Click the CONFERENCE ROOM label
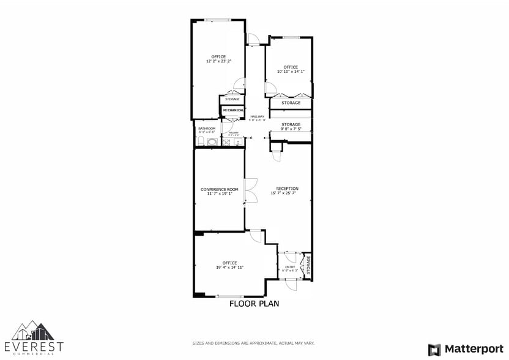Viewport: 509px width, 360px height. tap(219, 189)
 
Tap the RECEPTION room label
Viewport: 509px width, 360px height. tap(287, 188)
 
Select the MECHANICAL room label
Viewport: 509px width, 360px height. tap(233, 110)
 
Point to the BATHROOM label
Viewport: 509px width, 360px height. tap(207, 129)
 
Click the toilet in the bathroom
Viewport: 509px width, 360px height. tap(201, 141)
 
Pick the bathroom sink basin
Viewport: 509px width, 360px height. tap(212, 142)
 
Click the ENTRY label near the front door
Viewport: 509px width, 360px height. tap(290, 267)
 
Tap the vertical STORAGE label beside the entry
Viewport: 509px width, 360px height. tap(308, 265)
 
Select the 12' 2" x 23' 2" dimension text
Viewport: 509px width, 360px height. tap(218, 61)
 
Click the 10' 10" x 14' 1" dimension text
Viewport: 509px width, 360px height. tap(291, 72)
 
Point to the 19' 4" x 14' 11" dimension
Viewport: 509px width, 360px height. tap(229, 268)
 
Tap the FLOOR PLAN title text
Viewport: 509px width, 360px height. tap(254, 303)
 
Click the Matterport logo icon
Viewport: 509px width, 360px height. tap(434, 350)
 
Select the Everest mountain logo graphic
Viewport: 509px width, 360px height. tap(33, 331)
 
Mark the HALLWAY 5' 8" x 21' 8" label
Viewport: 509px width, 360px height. tap(257, 118)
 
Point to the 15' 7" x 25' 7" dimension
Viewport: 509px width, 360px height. tap(287, 193)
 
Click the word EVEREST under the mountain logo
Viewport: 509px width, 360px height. tap(33, 347)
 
